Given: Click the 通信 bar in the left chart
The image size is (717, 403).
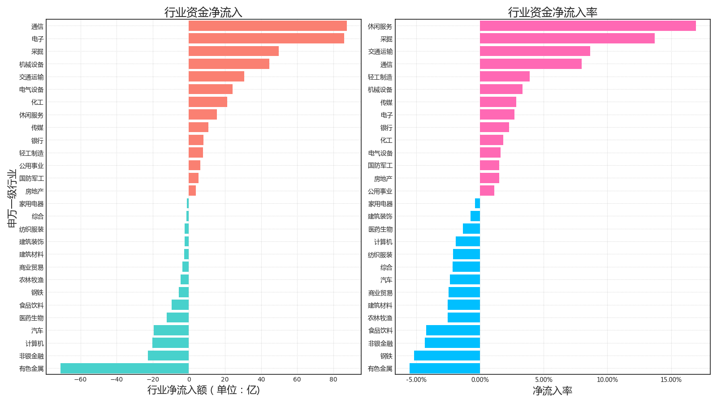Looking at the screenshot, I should tap(268, 26).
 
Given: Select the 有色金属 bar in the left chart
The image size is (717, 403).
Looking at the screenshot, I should tap(125, 369).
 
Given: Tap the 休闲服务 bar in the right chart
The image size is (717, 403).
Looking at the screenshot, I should tap(587, 26).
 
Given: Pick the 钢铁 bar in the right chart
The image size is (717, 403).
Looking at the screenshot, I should tap(447, 356).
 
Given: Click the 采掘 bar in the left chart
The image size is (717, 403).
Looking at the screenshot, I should tap(233, 51).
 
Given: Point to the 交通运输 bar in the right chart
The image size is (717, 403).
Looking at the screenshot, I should tap(535, 51).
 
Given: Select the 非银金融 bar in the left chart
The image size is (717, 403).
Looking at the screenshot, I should tap(168, 356).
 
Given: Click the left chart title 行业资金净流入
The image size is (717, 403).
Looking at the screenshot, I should tap(203, 12).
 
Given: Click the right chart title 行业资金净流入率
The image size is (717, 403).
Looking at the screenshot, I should tap(553, 12).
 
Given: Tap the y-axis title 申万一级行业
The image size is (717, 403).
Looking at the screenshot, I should tap(12, 198).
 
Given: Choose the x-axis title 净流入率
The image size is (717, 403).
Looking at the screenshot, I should tap(553, 391).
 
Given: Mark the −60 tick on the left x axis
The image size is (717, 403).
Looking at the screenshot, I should tap(80, 380).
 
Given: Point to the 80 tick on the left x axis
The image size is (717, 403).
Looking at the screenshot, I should tap(333, 380).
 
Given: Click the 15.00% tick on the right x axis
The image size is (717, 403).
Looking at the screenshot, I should tap(671, 380).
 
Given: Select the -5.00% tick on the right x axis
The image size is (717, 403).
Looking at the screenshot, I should tap(416, 380).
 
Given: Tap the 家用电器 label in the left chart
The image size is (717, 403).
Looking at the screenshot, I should tap(31, 204).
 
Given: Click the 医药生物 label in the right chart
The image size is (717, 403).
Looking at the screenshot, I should tap(380, 229).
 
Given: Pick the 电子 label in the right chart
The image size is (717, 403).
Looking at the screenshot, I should tap(386, 115).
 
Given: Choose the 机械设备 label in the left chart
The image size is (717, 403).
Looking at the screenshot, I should tap(31, 64).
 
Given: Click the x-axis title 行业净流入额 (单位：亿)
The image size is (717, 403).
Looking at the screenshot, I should tap(203, 390).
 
